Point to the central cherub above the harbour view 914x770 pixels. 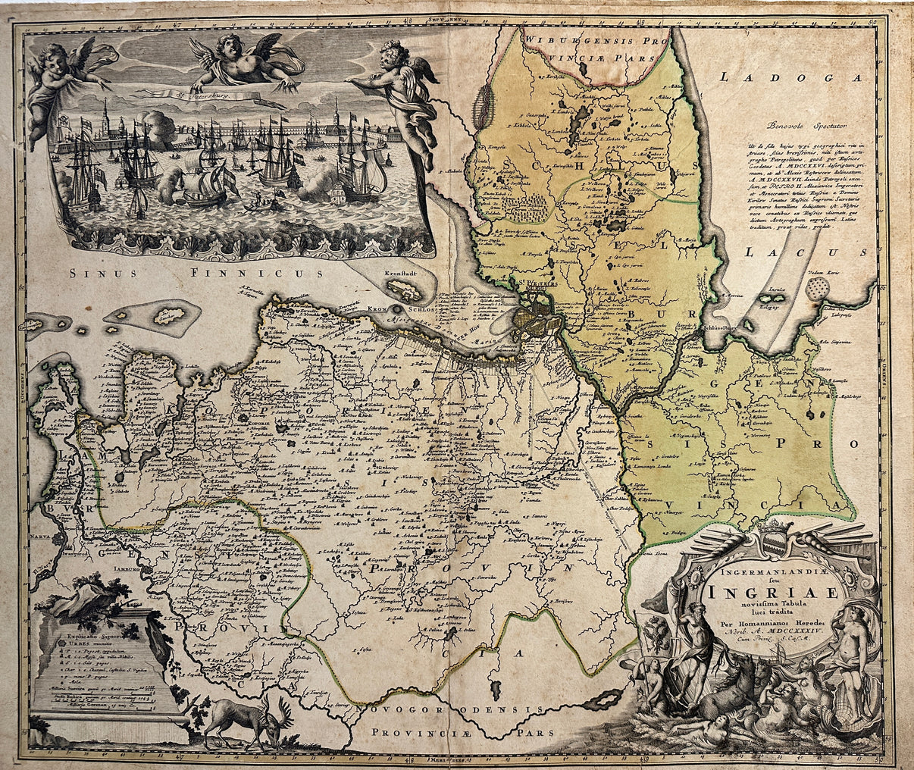(x=241, y=62)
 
